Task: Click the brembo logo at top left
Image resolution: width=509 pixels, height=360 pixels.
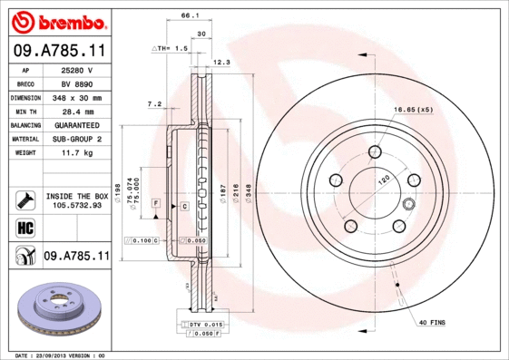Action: pos(57,20)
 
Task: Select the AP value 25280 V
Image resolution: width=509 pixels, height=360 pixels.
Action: pos(76,69)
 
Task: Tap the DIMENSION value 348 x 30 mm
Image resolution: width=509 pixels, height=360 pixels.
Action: pos(76,97)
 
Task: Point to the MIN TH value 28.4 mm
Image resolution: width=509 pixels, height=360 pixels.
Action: pos(76,111)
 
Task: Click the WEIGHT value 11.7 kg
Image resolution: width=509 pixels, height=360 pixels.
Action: pos(76,153)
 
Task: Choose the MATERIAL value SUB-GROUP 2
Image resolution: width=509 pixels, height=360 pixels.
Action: pos(76,139)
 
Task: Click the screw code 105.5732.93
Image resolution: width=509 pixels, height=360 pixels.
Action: pos(76,205)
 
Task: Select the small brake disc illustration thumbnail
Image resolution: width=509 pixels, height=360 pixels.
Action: pos(56,311)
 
